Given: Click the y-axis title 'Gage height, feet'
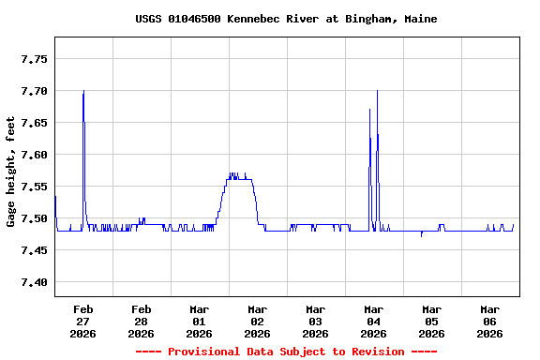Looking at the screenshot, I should [x=11, y=172].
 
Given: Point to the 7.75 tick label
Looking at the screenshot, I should [x=34, y=59].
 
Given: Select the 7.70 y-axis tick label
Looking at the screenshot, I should [x=34, y=91].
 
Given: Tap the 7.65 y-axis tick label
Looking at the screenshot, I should [x=34, y=123].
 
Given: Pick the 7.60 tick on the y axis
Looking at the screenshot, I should [x=34, y=155].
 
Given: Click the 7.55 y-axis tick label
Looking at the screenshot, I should [x=34, y=187].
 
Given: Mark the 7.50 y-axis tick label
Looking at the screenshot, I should [x=34, y=218].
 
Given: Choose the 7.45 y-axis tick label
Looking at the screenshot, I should [x=34, y=250].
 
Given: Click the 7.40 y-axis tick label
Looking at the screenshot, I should [x=34, y=282].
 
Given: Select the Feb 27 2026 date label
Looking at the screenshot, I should [x=83, y=321].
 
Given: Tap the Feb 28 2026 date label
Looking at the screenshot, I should [x=142, y=321].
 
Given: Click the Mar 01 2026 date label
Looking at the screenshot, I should [x=200, y=321].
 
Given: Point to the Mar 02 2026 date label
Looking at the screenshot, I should [x=258, y=321].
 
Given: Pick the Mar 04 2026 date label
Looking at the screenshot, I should [x=374, y=321].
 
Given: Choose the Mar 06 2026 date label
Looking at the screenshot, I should [x=490, y=321].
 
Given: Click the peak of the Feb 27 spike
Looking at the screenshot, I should [x=83, y=91].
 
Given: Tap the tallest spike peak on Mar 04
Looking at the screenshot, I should [x=377, y=91].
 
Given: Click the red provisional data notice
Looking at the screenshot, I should [x=285, y=352].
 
